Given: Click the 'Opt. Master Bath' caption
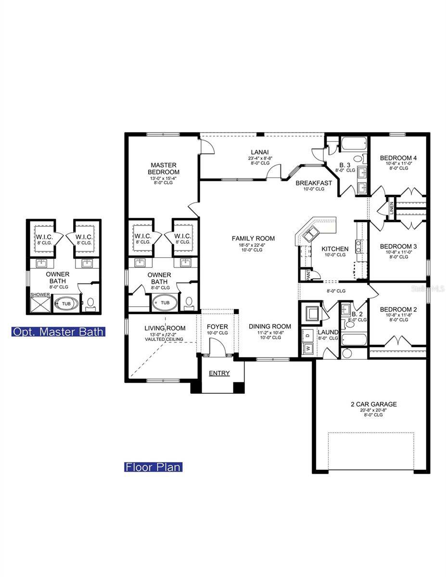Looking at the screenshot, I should (x=58, y=332).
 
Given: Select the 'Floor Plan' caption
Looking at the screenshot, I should (x=153, y=467).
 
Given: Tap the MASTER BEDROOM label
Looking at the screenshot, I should (x=164, y=169).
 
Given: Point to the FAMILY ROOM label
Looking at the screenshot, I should (x=253, y=238).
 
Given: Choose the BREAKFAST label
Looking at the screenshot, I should (x=314, y=183).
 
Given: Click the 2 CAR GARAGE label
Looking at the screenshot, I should (x=373, y=404).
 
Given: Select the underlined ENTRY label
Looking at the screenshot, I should (x=219, y=374).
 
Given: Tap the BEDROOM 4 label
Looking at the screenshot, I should (x=398, y=158).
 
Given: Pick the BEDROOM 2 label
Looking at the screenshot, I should (x=398, y=309).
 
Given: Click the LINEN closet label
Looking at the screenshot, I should (x=392, y=208).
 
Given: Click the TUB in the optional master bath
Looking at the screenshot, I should (x=65, y=304).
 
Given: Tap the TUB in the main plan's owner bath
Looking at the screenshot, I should (x=165, y=302).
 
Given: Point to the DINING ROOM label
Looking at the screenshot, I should (x=269, y=326).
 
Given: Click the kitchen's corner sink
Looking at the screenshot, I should (x=308, y=235).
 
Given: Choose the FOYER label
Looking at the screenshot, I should (x=217, y=327).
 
